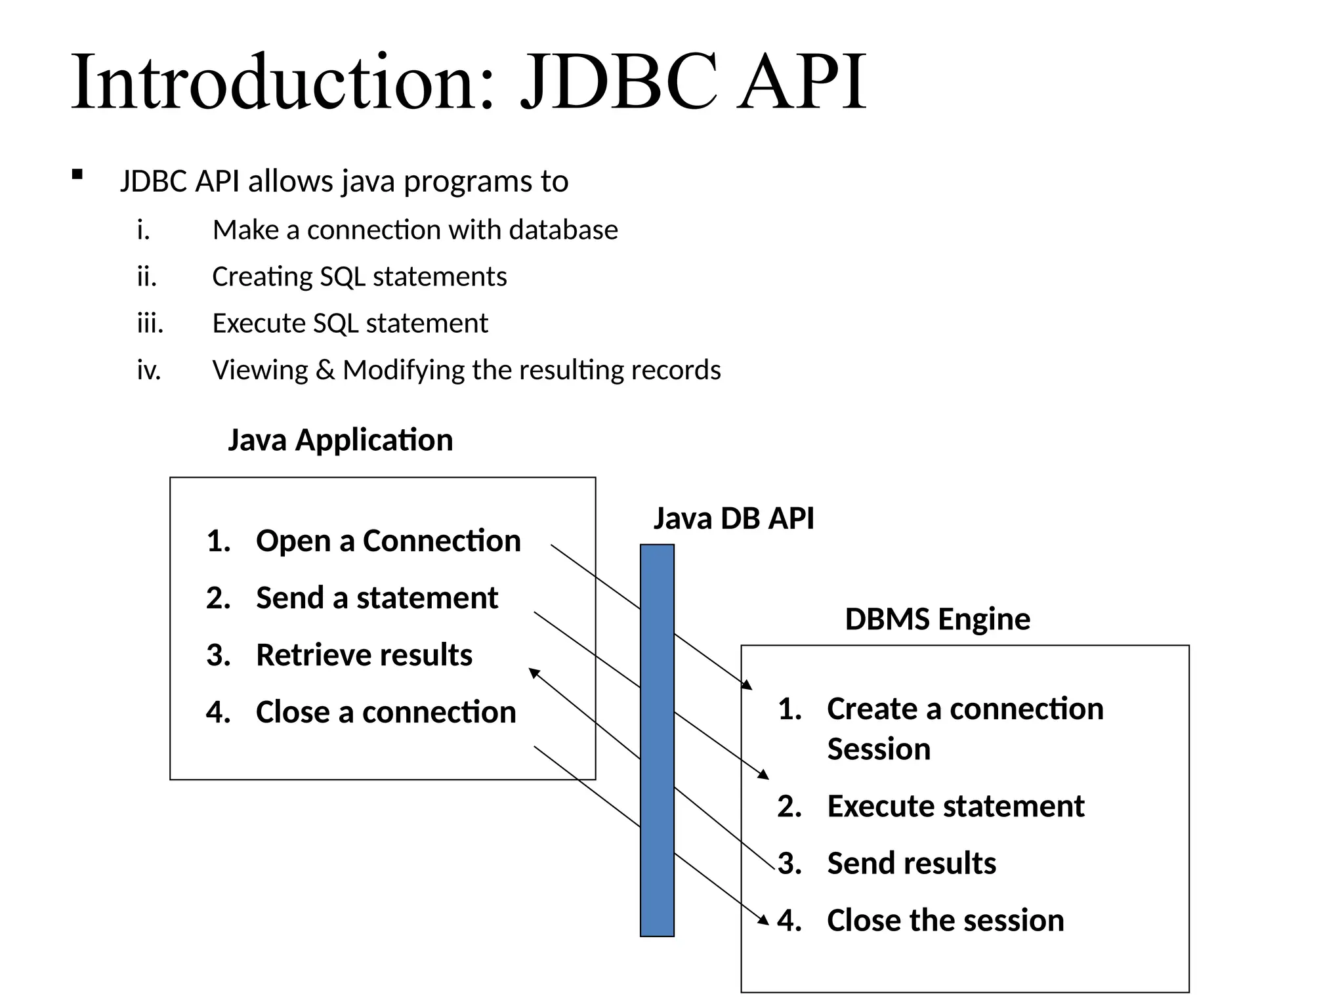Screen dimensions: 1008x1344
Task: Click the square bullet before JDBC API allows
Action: (77, 175)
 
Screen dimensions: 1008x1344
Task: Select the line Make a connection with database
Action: (415, 230)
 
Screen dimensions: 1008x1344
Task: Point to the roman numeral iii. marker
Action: (150, 324)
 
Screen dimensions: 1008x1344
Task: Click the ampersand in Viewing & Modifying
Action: (325, 370)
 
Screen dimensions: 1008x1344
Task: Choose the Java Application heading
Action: (340, 440)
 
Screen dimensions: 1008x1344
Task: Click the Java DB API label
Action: (733, 518)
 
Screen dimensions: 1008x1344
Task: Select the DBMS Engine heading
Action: (937, 619)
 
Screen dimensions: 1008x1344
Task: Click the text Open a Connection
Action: (388, 541)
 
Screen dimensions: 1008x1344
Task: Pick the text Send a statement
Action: (377, 598)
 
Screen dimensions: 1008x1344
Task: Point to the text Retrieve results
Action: (364, 655)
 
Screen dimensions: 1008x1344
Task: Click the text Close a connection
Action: (386, 712)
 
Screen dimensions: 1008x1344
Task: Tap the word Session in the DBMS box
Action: (878, 749)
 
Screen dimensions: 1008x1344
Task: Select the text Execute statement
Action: (955, 806)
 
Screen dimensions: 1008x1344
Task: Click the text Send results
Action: (911, 863)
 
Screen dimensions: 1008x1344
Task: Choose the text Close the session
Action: (945, 920)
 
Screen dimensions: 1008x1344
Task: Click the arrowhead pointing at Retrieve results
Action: (534, 672)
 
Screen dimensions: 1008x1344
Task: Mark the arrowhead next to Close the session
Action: (764, 920)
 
